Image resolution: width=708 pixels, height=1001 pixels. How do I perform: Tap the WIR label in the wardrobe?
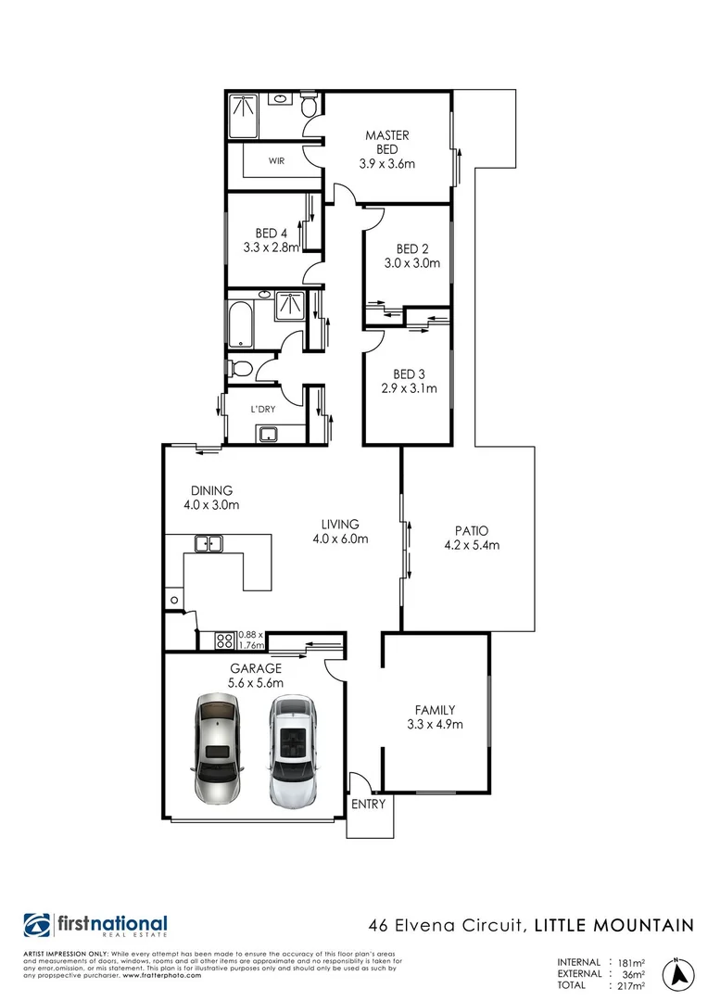[276, 160]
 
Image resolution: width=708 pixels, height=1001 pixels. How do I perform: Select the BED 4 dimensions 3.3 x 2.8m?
[272, 247]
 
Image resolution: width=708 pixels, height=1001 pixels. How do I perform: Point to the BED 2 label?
[411, 248]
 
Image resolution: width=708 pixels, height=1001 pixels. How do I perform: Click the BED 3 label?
[408, 374]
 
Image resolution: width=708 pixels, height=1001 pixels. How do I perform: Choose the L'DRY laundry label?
[259, 409]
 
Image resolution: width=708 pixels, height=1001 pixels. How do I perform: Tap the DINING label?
[211, 491]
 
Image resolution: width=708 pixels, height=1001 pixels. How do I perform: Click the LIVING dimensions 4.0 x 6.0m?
[340, 539]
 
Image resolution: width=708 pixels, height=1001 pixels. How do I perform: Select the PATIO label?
[472, 531]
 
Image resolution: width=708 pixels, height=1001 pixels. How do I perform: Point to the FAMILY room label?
[435, 710]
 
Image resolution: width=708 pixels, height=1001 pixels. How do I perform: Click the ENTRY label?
[368, 805]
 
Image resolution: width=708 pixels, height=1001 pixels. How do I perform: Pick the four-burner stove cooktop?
[224, 639]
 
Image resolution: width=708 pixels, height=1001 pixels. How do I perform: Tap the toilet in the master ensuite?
[310, 107]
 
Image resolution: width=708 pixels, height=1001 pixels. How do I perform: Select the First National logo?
[95, 926]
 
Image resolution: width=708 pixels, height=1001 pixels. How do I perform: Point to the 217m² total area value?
[630, 985]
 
